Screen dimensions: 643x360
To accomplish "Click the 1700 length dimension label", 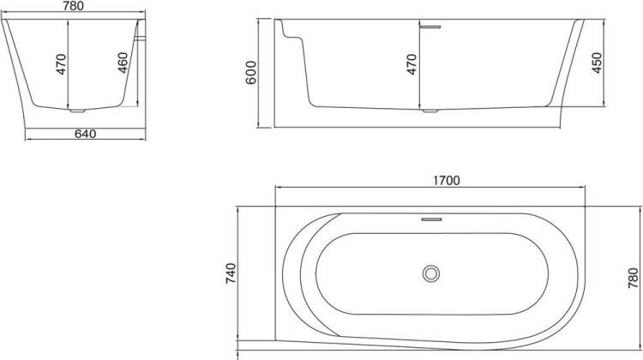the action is tap(447, 180).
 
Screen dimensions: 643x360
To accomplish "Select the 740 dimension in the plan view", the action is tap(231, 273).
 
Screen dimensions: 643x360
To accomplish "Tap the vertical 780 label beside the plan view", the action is tap(634, 278).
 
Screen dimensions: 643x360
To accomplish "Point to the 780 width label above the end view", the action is tap(74, 6).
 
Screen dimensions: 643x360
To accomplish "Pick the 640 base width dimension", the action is tap(85, 134).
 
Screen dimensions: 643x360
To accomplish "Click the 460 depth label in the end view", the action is tap(123, 63).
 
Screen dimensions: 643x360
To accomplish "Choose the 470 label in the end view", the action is tap(61, 64).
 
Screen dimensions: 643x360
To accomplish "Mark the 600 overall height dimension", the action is tap(251, 73).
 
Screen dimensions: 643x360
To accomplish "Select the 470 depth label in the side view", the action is tap(412, 64).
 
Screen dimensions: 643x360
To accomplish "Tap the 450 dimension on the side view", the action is tap(598, 63).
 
